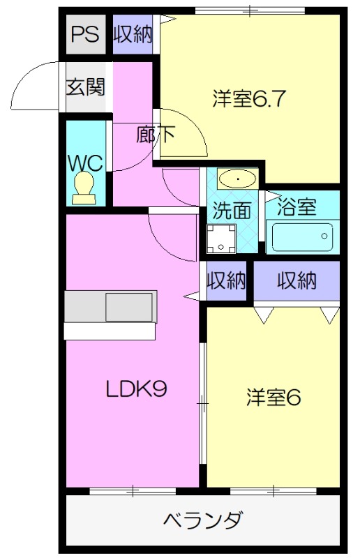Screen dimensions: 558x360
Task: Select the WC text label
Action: [85, 163]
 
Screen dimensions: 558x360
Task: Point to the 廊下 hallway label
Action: [155, 135]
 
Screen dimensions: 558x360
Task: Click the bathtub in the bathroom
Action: [303, 236]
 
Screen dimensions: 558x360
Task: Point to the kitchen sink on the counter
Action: [128, 307]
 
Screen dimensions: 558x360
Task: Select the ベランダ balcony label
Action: [203, 520]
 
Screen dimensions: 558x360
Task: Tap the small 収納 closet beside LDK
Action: [226, 280]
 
